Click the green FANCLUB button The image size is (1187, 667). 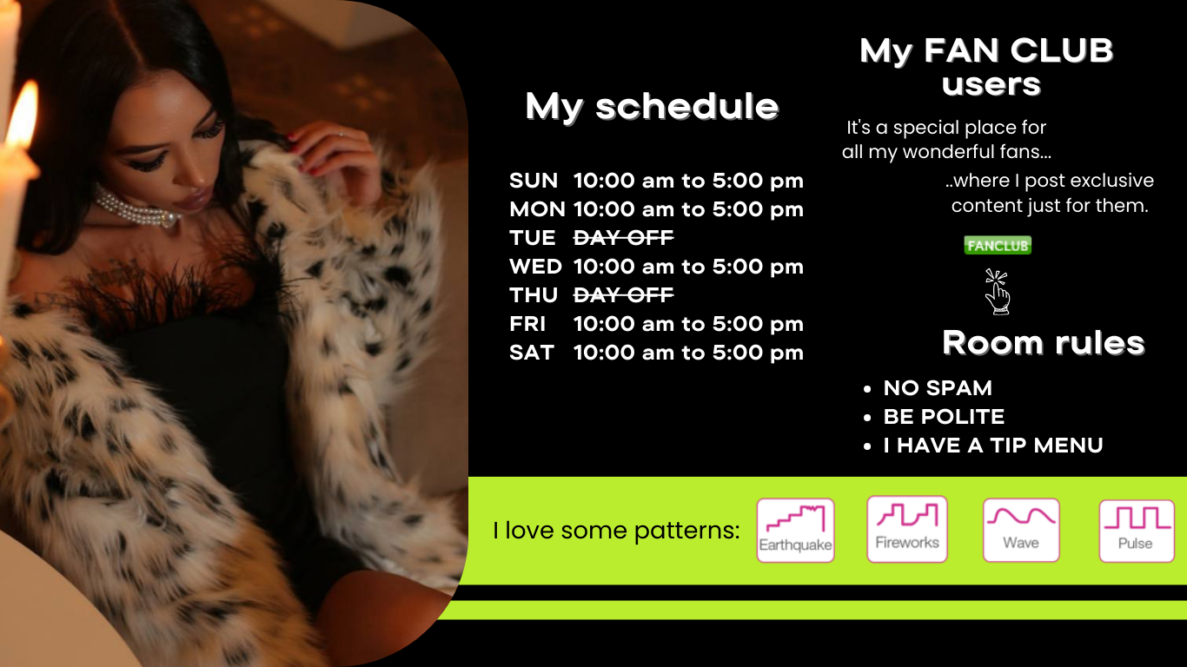point(998,245)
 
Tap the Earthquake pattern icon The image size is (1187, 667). point(795,531)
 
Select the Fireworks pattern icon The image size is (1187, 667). point(907,529)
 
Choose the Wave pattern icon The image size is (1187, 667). point(1021,530)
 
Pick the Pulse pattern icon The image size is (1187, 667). point(1137,531)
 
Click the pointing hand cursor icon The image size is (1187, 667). point(998,292)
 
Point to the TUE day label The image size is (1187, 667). point(533,238)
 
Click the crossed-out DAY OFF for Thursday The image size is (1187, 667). point(624,294)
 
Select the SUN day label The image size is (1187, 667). point(534,181)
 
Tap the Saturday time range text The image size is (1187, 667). point(688,353)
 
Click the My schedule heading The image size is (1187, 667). point(653,107)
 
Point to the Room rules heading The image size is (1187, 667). point(1044,343)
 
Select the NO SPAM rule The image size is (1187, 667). point(938,388)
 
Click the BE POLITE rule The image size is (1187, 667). point(944,417)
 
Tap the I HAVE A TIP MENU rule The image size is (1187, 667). point(993,446)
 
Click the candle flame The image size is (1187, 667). point(23,115)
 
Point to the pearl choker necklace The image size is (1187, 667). point(136,208)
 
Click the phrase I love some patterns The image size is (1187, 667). point(616,531)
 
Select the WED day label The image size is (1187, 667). point(536,267)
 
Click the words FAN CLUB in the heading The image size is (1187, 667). point(1018,51)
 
